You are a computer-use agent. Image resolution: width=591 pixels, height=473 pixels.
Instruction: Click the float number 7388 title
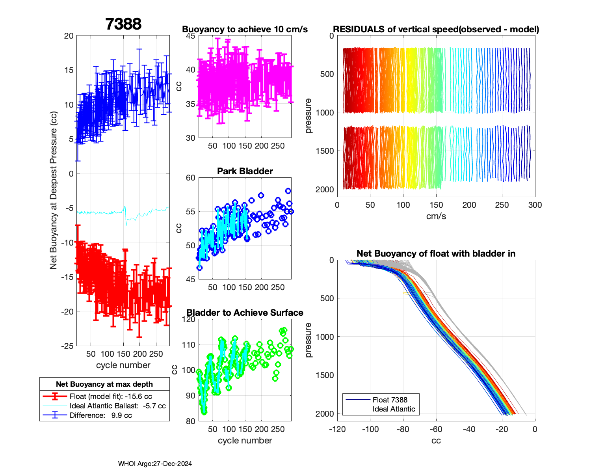(x=123, y=24)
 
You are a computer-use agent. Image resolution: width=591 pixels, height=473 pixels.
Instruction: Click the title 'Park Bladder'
(x=245, y=171)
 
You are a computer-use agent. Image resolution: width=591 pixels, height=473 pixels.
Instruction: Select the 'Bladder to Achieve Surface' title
(x=245, y=313)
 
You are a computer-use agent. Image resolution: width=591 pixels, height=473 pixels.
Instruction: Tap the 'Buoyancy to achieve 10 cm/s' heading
(x=245, y=29)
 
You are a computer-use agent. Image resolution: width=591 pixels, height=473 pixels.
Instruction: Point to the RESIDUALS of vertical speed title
(x=436, y=29)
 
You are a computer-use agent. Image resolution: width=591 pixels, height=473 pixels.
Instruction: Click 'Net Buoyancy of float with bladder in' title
(x=436, y=253)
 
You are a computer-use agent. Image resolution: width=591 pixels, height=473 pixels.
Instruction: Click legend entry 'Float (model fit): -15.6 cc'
(x=111, y=396)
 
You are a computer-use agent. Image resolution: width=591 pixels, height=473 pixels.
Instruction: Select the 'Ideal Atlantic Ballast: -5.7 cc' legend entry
(x=117, y=406)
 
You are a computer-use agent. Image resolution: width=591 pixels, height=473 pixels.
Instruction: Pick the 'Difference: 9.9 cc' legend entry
(x=100, y=415)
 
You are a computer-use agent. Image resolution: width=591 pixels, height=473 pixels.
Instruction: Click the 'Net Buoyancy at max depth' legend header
(x=104, y=384)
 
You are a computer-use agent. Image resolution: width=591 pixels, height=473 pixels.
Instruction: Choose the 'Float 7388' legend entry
(x=390, y=400)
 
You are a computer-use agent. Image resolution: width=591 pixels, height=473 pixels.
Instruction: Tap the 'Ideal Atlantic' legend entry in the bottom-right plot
(x=394, y=409)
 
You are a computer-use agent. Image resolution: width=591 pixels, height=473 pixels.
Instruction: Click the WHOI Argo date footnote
(x=155, y=464)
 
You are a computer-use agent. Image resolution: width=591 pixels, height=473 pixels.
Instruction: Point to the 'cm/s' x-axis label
(x=436, y=216)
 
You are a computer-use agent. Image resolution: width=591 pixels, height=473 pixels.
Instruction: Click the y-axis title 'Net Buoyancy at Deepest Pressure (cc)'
(x=54, y=190)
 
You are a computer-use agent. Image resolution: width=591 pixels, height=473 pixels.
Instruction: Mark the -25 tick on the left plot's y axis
(x=67, y=346)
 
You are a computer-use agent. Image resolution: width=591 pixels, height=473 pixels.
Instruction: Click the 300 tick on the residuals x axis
(x=535, y=205)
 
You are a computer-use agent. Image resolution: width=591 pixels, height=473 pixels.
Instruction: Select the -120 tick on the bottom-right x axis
(x=337, y=429)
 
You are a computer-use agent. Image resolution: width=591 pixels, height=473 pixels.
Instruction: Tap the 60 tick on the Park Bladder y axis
(x=191, y=178)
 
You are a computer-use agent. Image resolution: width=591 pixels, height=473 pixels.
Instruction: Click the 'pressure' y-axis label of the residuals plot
(x=308, y=115)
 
